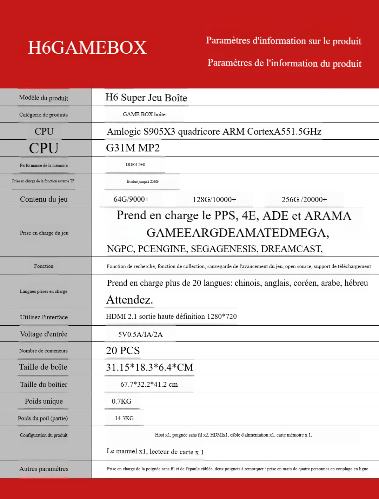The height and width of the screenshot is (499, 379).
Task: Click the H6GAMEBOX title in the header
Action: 87,48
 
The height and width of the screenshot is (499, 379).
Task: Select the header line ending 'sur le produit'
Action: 284,41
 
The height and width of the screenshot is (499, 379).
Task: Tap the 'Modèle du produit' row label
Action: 44,98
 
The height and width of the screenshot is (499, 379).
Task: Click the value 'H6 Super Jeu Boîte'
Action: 146,98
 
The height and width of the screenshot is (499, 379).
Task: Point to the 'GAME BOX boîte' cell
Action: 144,114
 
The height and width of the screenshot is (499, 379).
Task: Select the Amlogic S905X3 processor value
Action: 214,132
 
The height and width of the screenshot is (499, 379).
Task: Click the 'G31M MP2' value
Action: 133,148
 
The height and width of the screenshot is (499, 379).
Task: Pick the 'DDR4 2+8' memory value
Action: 135,165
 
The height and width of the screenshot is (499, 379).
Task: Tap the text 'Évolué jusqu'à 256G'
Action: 142,181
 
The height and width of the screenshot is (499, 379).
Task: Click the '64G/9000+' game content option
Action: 131,199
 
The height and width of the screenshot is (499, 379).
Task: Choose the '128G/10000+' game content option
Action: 214,200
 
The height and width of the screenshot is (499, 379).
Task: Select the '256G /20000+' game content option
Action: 304,200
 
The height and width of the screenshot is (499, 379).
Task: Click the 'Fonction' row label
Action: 44,266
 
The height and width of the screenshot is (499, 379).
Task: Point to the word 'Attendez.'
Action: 129,300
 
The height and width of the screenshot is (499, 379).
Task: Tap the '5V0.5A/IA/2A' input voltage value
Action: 140,334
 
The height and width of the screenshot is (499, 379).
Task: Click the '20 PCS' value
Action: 123,351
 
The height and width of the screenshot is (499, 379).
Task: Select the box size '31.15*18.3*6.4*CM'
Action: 149,367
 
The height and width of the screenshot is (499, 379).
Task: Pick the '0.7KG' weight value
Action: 121,401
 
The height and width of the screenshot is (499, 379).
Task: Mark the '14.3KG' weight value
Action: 124,418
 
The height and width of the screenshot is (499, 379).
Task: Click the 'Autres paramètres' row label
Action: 44,469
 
